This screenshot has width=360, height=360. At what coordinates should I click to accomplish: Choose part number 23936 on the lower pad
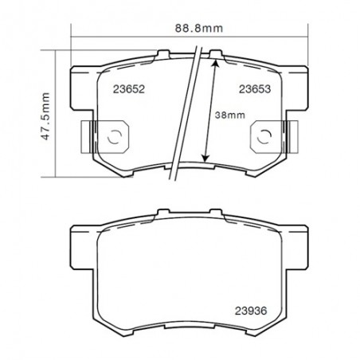click(252, 311)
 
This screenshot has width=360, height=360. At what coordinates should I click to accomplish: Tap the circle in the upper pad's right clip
click(264, 135)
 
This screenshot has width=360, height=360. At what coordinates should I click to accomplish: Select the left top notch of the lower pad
click(163, 212)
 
